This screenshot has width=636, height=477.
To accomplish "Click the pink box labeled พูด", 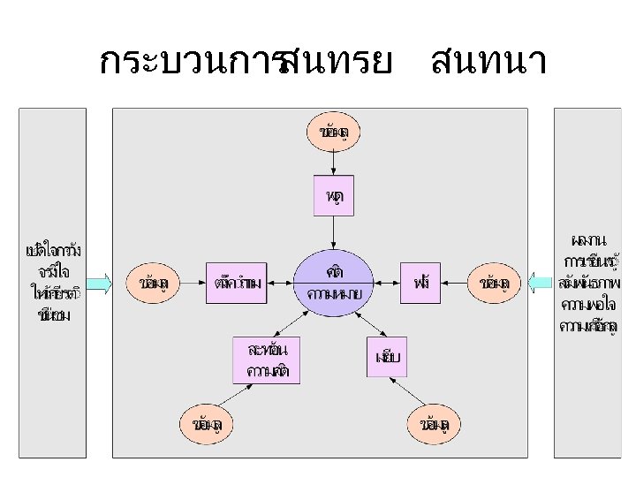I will tap(334, 195).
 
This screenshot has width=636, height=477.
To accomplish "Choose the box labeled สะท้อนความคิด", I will tap(266, 360).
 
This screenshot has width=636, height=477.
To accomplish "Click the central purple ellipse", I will tap(334, 282).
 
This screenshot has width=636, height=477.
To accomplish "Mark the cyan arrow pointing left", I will tap(540, 283).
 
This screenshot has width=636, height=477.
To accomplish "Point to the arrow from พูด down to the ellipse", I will tap(334, 232).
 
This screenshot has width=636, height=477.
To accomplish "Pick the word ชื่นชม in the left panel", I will tap(54, 315).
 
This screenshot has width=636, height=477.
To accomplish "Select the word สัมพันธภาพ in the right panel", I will tap(589, 284).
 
